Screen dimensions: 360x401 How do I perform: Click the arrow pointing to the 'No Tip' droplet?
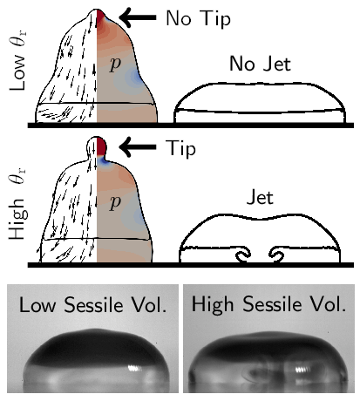(138, 17)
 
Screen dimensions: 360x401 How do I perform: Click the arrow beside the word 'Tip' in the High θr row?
(138, 146)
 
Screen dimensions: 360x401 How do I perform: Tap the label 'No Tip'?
(198, 18)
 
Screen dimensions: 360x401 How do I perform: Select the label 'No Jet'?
(260, 64)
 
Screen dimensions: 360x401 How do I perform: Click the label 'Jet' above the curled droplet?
(260, 198)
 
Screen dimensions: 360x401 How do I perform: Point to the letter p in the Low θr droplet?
(115, 64)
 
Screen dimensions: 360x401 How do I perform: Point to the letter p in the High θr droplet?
(115, 202)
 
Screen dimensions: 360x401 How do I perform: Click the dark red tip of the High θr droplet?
(101, 146)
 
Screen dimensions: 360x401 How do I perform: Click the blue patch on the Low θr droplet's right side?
(135, 77)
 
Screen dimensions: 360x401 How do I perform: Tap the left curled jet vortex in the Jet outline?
(243, 255)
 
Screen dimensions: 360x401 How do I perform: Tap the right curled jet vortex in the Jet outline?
(276, 255)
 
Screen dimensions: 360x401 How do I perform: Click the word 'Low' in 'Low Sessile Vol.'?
(37, 305)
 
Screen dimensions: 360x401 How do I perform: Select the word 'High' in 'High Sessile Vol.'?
(213, 305)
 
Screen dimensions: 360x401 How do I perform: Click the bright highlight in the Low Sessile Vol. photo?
(134, 368)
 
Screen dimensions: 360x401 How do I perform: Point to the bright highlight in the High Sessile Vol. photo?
(302, 370)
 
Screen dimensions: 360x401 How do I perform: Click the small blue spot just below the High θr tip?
(104, 161)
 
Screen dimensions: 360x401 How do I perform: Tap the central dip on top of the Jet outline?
(260, 219)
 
